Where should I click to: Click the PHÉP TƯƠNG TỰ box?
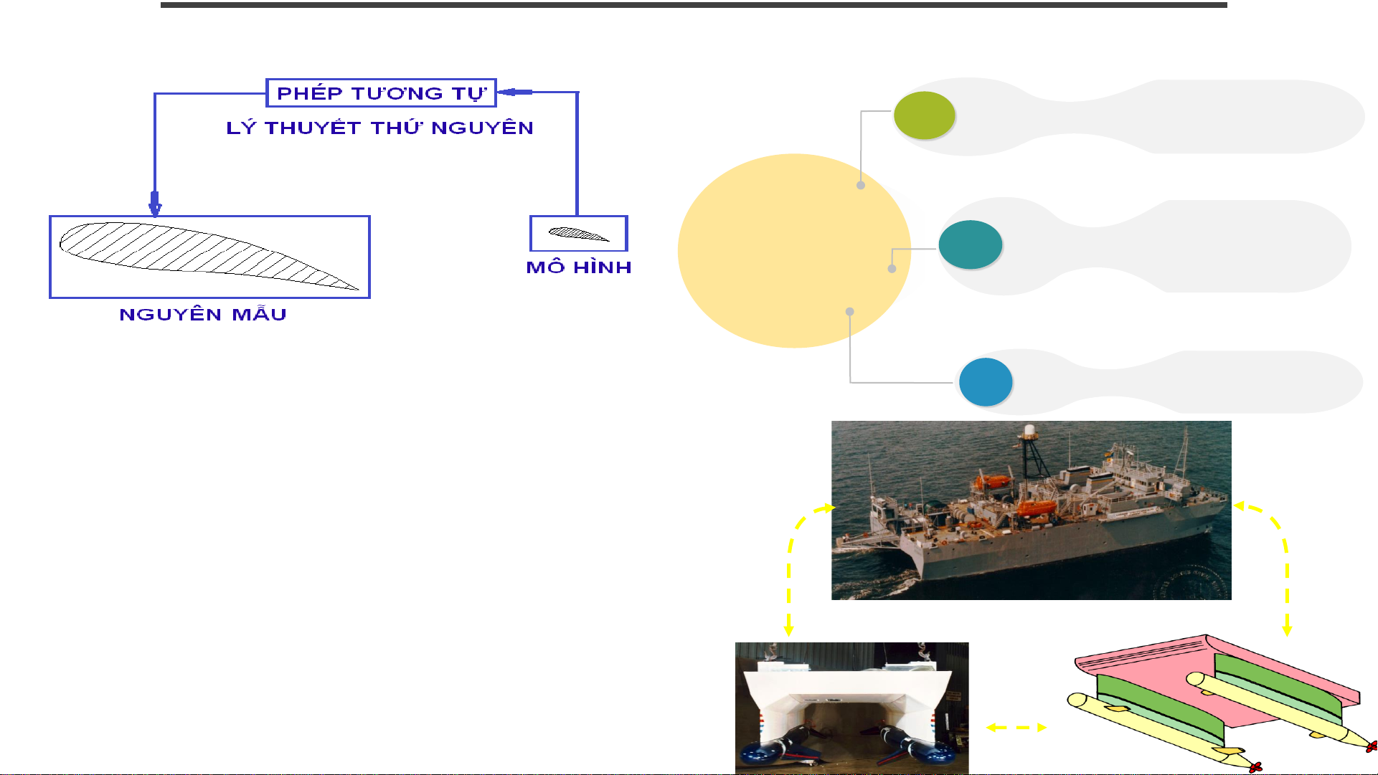point(381,93)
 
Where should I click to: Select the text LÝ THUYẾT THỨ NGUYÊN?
point(380,128)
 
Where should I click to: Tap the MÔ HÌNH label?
point(579,267)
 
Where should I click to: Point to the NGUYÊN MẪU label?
point(203,315)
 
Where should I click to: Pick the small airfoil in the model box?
point(578,234)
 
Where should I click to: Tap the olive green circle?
point(925,115)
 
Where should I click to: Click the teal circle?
point(971,244)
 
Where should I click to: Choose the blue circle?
point(986,382)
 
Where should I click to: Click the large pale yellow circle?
point(794,251)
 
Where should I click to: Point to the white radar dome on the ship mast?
point(1029,430)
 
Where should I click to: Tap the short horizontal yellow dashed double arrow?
point(1016,728)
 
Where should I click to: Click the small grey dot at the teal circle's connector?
point(892,269)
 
